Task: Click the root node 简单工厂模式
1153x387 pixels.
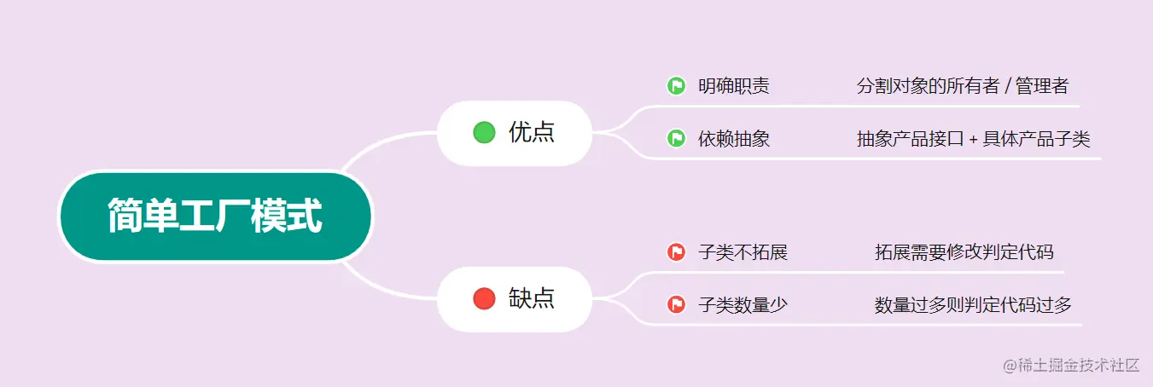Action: pyautogui.click(x=215, y=217)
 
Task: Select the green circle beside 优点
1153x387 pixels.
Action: pyautogui.click(x=484, y=132)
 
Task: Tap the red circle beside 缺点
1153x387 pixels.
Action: pyautogui.click(x=484, y=298)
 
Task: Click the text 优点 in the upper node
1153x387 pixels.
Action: pyautogui.click(x=532, y=132)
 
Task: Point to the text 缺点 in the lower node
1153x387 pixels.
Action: pyautogui.click(x=532, y=298)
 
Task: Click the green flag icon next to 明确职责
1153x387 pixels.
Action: pyautogui.click(x=676, y=86)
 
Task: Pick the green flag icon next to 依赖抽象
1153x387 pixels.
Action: pyautogui.click(x=676, y=138)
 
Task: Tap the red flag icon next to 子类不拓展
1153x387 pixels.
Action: pyautogui.click(x=676, y=252)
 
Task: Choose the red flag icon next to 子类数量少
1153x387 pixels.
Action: pyautogui.click(x=676, y=304)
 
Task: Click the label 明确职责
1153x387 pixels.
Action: pyautogui.click(x=733, y=86)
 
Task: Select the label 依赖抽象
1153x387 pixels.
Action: pyautogui.click(x=733, y=139)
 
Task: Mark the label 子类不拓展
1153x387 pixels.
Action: pyautogui.click(x=742, y=252)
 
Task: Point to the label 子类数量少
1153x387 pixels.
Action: pyautogui.click(x=742, y=304)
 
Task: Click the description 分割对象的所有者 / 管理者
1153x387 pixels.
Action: pyautogui.click(x=962, y=86)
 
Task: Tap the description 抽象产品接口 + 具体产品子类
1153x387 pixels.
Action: pyautogui.click(x=973, y=139)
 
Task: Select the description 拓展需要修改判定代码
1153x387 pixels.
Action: pyautogui.click(x=964, y=252)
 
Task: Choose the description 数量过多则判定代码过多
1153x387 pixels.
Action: pyautogui.click(x=973, y=304)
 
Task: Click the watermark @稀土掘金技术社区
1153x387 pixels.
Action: pyautogui.click(x=1071, y=365)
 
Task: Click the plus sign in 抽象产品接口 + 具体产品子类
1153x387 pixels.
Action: pyautogui.click(x=974, y=140)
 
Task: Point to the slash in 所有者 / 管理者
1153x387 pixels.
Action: pyautogui.click(x=1007, y=86)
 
